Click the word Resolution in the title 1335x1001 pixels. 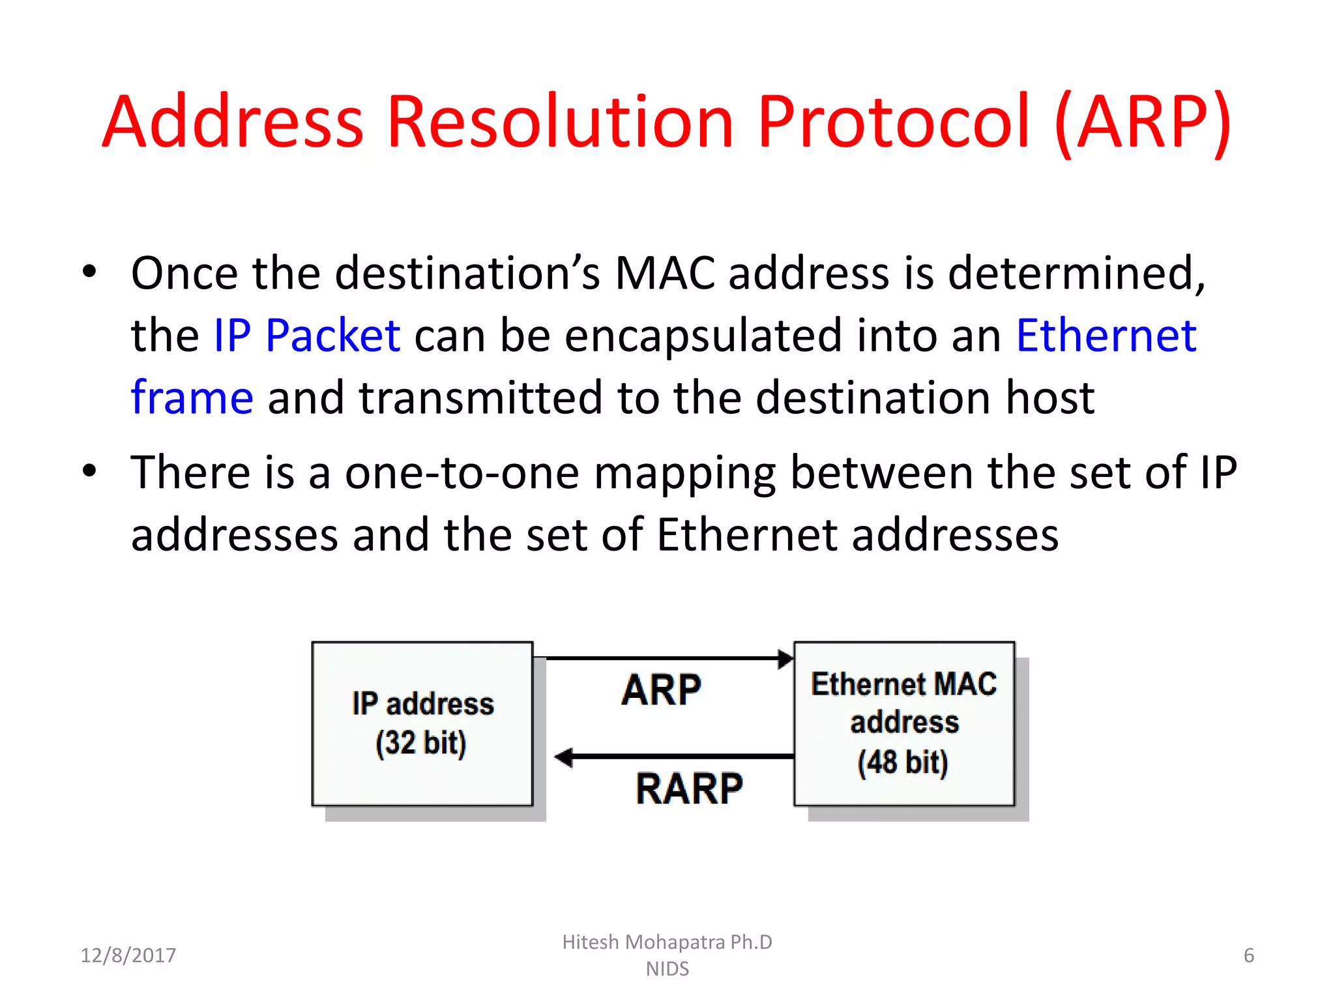[561, 122]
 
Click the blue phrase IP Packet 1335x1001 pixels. [307, 336]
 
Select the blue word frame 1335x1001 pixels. [192, 398]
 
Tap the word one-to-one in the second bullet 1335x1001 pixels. [462, 472]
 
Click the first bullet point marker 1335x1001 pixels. [90, 272]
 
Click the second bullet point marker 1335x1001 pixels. [90, 471]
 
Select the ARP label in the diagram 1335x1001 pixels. [661, 690]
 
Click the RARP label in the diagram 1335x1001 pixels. [689, 789]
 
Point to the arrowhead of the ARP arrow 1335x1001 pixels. [785, 659]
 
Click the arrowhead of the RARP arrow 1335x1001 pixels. [564, 757]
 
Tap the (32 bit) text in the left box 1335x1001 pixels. [421, 743]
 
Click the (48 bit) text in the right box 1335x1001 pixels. [903, 762]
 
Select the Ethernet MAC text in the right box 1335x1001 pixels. [903, 684]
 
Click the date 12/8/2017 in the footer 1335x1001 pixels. [128, 955]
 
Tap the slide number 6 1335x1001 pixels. [1248, 955]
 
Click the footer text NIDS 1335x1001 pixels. [667, 969]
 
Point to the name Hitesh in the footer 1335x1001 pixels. [590, 942]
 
